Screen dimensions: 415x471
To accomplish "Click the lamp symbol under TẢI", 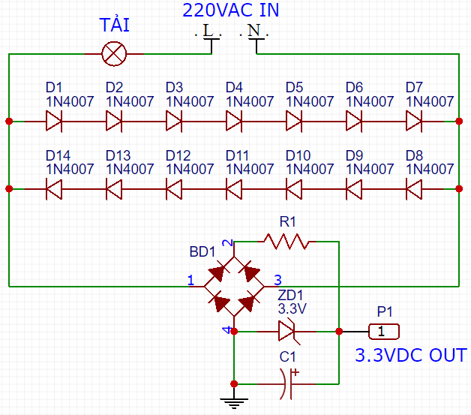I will (114, 53).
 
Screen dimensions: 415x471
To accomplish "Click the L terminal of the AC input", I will (208, 33).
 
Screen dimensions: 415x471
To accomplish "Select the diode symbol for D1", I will (53, 121).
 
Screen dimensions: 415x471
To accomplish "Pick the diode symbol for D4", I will (233, 121).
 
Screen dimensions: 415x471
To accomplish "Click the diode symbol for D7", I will (413, 121).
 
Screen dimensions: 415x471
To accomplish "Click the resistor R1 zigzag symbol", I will (286, 242).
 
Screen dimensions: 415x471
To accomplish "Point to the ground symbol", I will (234, 404).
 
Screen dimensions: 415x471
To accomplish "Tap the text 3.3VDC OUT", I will (410, 355).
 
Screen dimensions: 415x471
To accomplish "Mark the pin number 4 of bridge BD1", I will (226, 330).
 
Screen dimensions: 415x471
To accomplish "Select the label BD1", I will (202, 251).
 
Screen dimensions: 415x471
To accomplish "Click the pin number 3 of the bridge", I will (277, 279).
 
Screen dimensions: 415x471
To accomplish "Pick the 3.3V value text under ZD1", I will (291, 308).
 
